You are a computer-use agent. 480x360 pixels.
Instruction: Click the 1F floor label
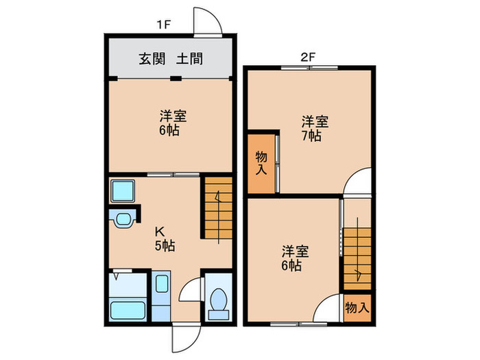(163, 25)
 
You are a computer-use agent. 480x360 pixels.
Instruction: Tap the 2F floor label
(307, 58)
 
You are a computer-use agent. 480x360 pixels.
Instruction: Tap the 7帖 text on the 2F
(315, 136)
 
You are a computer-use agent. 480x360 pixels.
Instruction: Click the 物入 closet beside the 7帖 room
(261, 162)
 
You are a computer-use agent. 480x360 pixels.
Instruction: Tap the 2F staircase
(357, 258)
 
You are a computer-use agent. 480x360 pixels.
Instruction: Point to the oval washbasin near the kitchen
(123, 220)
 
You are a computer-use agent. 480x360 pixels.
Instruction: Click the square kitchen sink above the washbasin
(123, 189)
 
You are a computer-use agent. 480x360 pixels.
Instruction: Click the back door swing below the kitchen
(185, 335)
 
